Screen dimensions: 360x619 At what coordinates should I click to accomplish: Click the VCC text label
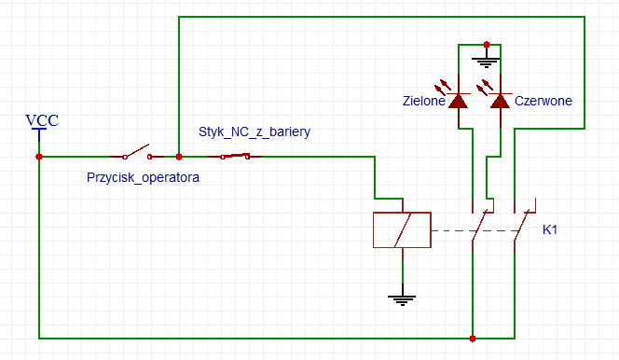40,120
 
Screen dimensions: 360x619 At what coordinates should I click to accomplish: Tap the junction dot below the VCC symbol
39,157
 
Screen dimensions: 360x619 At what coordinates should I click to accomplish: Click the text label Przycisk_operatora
143,176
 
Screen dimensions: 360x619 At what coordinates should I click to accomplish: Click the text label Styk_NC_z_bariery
254,132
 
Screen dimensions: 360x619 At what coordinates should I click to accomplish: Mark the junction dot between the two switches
179,157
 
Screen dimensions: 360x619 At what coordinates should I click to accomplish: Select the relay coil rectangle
401,230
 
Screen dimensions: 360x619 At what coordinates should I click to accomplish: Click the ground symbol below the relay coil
402,298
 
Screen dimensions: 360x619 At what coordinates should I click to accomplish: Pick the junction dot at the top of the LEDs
487,44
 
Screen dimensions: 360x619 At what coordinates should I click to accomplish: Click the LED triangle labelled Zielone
459,99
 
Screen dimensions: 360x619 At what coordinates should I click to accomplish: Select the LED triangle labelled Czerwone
500,99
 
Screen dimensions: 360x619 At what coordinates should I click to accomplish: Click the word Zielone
424,101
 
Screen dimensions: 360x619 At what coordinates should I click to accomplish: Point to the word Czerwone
543,101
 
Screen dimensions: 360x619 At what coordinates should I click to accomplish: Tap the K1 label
553,229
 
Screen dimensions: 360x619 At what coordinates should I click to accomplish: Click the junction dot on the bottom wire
474,338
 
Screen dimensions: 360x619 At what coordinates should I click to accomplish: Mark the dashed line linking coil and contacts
452,230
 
